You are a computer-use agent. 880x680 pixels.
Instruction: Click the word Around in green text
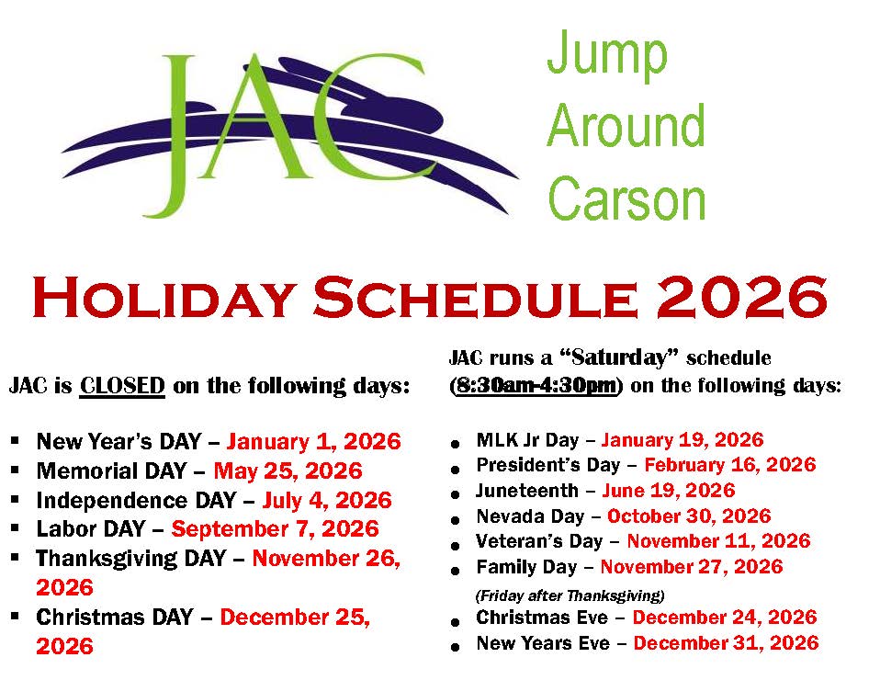click(x=626, y=126)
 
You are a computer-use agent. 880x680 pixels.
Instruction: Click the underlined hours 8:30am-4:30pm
click(x=536, y=385)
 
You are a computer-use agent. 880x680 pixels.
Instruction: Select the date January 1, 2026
click(x=313, y=442)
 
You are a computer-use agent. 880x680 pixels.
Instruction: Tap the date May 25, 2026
click(x=288, y=471)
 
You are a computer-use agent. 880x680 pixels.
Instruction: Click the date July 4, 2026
click(x=326, y=501)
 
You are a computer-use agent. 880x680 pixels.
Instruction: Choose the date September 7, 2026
click(x=275, y=529)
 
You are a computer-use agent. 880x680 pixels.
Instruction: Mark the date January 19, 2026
click(x=682, y=441)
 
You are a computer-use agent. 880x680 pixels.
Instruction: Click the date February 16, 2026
click(x=729, y=465)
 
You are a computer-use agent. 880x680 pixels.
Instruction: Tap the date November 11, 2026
click(x=718, y=541)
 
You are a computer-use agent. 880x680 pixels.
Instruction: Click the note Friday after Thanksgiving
click(x=570, y=595)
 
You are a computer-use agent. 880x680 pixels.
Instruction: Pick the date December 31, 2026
click(x=726, y=643)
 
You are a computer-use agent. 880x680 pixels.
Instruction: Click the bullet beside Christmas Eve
click(x=457, y=622)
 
